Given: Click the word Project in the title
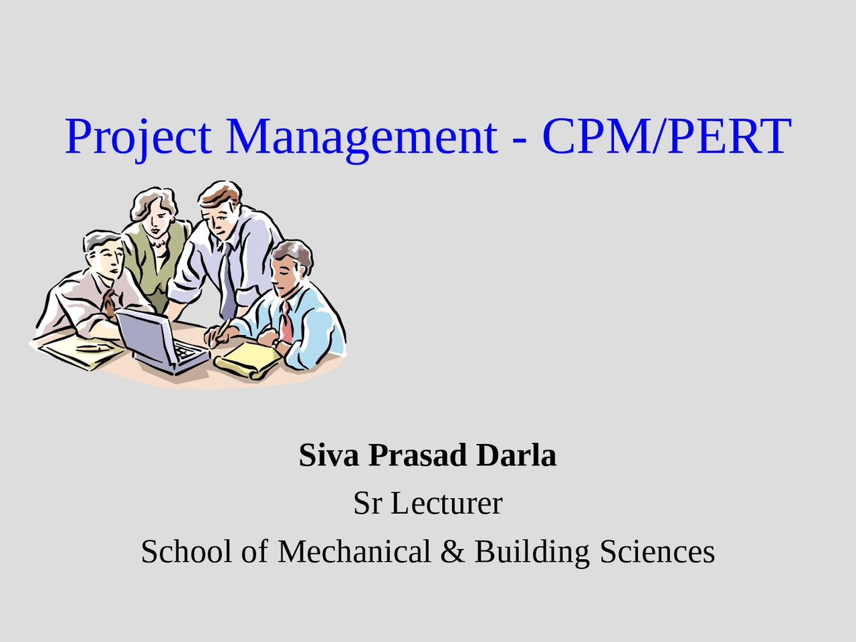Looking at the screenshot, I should click(138, 137).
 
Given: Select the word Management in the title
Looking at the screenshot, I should click(362, 137).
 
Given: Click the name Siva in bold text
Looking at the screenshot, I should click(329, 455).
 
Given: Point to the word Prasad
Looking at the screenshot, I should click(417, 455).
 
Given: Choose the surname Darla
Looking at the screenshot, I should click(516, 455).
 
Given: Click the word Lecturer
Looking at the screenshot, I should click(446, 504).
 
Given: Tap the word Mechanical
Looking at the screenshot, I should click(354, 552).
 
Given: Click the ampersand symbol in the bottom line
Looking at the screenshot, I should click(452, 552).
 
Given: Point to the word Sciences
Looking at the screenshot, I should click(657, 552).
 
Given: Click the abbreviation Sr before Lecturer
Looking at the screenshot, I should click(367, 504).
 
